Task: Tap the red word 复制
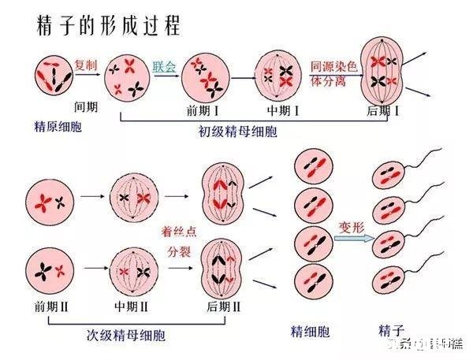[86, 65]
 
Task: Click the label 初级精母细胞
[237, 132]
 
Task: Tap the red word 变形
[351, 226]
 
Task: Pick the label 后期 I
[383, 111]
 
